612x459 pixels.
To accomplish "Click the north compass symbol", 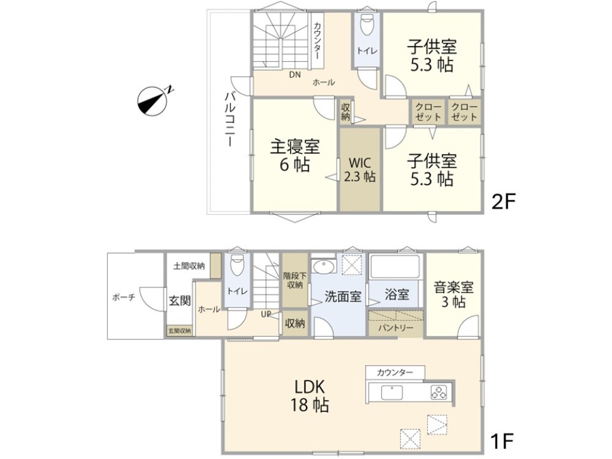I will point(153,100).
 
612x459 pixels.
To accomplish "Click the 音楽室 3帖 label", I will point(453,294).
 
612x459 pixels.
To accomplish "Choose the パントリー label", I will point(395,328).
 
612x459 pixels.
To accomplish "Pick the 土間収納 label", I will point(188,266).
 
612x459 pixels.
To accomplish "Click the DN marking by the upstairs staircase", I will point(295,75).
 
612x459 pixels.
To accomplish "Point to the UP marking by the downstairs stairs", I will point(267,315).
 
